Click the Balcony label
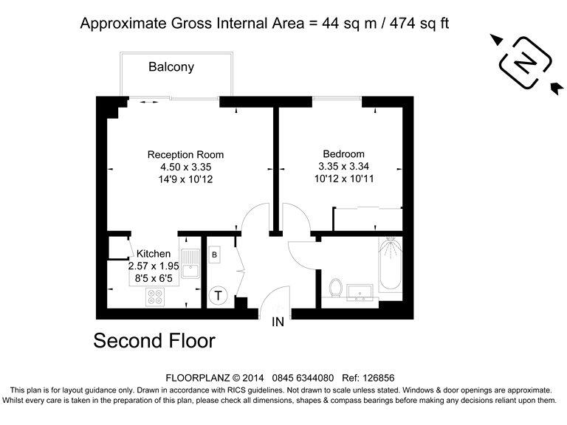pyautogui.click(x=171, y=67)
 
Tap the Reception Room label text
pyautogui.click(x=185, y=155)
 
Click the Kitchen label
pyautogui.click(x=154, y=254)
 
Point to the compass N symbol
pyautogui.click(x=525, y=64)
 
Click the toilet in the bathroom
pyautogui.click(x=336, y=288)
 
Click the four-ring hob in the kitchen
pyautogui.click(x=156, y=297)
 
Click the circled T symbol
pyautogui.click(x=219, y=296)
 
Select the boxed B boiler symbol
pyautogui.click(x=214, y=255)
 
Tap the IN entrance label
pyautogui.click(x=278, y=322)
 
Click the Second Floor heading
pyautogui.click(x=154, y=341)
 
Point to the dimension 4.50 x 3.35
pyautogui.click(x=185, y=167)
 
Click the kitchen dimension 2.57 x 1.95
pyautogui.click(x=154, y=266)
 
